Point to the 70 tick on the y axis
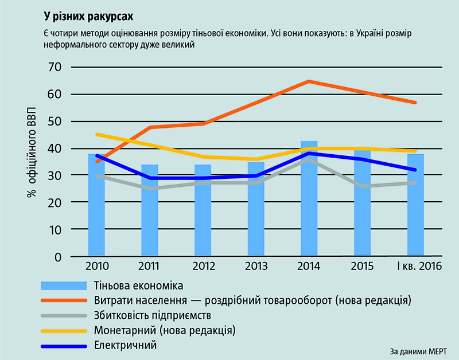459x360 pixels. (54, 68)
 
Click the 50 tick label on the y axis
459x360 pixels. (54, 122)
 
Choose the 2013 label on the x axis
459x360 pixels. (256, 267)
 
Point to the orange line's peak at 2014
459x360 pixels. (309, 81)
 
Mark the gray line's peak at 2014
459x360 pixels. (309, 159)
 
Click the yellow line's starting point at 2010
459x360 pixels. (96, 134)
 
